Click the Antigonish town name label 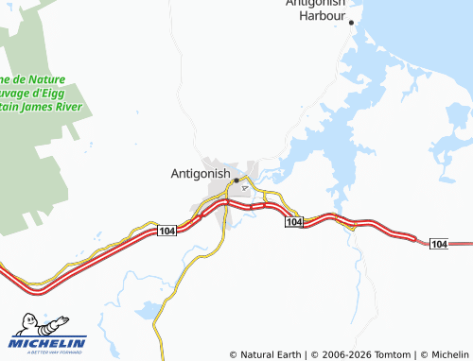tap(201, 174)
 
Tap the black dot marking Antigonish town tap(236, 180)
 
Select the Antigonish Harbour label tap(319, 9)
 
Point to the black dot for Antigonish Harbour tap(351, 22)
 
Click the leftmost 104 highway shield tap(166, 232)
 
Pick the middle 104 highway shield tap(293, 221)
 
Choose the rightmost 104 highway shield tap(438, 245)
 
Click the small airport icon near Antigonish tap(246, 187)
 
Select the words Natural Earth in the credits tap(271, 354)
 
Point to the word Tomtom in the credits tap(394, 354)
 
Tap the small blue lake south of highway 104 tap(149, 309)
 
